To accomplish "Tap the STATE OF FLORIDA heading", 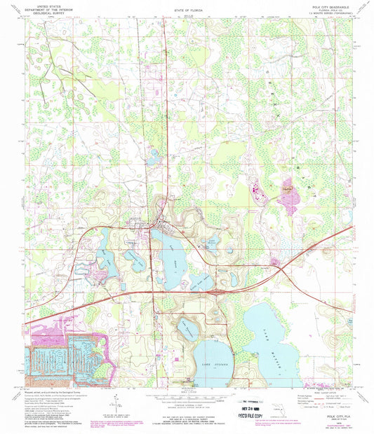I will (187, 13).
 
